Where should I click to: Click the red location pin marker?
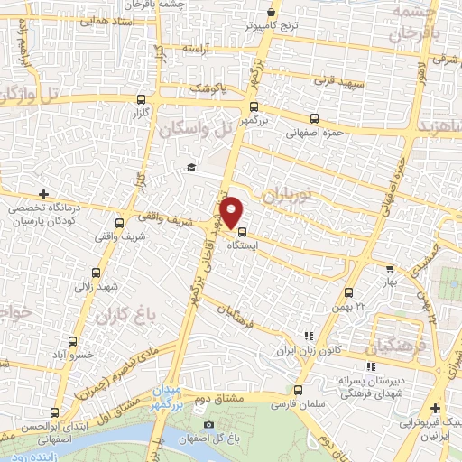click(232, 211)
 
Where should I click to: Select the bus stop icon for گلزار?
click(140, 100)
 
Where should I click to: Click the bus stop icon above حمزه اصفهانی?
click(314, 118)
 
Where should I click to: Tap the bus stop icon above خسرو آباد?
click(74, 342)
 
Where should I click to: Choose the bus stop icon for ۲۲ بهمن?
click(349, 292)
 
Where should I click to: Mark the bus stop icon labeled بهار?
click(390, 268)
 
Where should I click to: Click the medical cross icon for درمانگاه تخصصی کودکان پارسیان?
click(43, 194)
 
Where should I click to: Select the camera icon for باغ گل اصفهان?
click(209, 424)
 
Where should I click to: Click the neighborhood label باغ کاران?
click(121, 317)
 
